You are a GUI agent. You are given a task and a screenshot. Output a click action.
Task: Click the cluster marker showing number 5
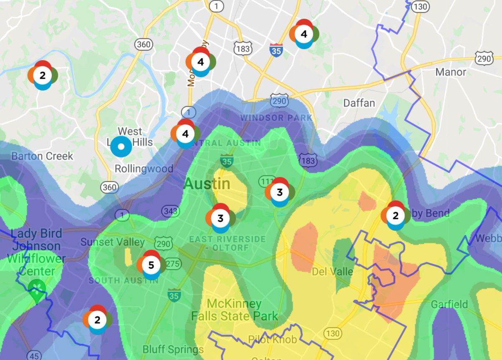click(x=151, y=265)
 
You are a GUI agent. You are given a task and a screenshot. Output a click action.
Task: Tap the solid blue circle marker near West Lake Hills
click(x=121, y=147)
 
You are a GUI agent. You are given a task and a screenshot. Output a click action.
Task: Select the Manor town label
click(x=451, y=72)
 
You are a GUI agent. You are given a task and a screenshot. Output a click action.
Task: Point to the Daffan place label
click(x=359, y=103)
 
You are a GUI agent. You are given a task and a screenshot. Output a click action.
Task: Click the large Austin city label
click(x=207, y=184)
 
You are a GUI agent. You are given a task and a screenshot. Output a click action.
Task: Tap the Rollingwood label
click(x=144, y=169)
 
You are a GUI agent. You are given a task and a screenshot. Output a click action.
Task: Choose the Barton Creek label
click(x=42, y=156)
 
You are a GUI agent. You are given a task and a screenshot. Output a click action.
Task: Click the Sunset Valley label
click(x=113, y=242)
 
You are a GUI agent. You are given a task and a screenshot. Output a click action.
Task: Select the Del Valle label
click(x=333, y=272)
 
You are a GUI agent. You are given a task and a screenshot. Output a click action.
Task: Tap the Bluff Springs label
click(x=173, y=349)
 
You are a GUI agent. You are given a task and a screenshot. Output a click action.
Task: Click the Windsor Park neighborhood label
click(x=276, y=118)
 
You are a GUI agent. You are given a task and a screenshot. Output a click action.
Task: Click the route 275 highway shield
click(x=173, y=264)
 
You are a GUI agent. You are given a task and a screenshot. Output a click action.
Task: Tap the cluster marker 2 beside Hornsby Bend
click(x=395, y=215)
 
